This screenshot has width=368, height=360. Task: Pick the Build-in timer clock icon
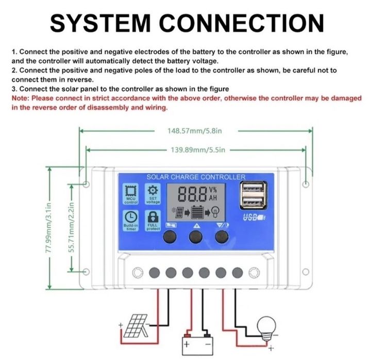pos(130,217)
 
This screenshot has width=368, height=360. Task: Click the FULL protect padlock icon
pos(153,217)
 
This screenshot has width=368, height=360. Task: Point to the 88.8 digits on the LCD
pos(192,195)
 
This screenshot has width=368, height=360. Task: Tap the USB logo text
pos(250,217)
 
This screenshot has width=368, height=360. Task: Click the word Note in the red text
pos(20,98)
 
